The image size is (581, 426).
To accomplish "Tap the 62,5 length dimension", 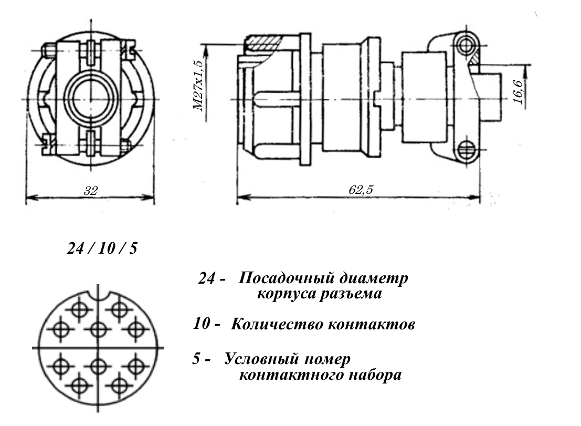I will tap(360, 190).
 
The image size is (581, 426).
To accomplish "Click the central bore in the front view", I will tap(90, 99).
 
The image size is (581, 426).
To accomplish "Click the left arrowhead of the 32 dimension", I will tap(29, 199).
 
